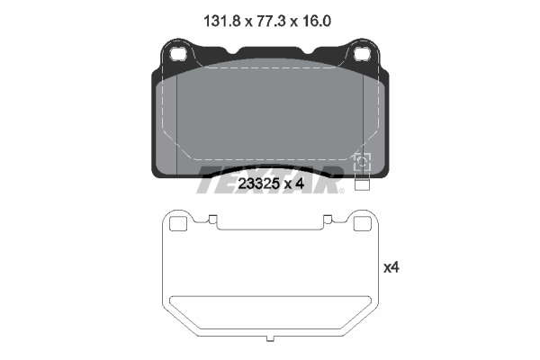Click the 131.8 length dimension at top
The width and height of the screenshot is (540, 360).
pos(221,22)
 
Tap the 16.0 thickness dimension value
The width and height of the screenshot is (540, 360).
pos(317,22)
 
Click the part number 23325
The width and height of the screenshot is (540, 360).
pos(258,184)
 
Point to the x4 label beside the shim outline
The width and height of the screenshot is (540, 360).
pos(391,267)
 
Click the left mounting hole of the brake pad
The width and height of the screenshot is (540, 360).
pos(178,54)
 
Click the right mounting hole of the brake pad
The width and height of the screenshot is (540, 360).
pos(363,54)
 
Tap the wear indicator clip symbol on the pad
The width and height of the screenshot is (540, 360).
pos(363,162)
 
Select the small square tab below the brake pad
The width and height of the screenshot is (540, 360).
pos(362,185)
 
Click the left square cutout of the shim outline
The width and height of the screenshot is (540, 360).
pos(178,224)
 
